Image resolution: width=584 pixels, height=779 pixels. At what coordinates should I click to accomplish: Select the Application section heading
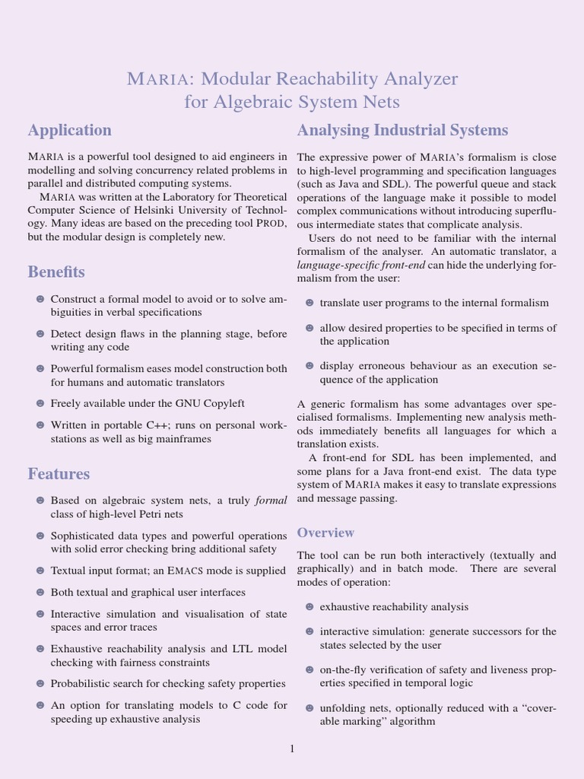pyautogui.click(x=70, y=130)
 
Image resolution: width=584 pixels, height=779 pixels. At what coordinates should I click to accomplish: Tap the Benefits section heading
pyautogui.click(x=56, y=272)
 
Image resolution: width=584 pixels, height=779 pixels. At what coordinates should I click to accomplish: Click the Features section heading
pyautogui.click(x=59, y=474)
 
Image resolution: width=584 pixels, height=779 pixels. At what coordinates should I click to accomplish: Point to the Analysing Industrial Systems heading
pyautogui.click(x=402, y=130)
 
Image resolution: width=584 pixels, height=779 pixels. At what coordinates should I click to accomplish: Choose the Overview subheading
pyautogui.click(x=325, y=533)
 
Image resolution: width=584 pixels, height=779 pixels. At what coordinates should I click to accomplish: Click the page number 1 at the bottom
pyautogui.click(x=291, y=749)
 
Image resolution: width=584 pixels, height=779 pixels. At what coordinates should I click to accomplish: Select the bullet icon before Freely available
pyautogui.click(x=40, y=403)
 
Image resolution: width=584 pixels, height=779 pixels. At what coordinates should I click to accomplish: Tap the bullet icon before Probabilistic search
pyautogui.click(x=40, y=684)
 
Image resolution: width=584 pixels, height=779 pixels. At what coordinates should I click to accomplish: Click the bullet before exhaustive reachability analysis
pyautogui.click(x=309, y=606)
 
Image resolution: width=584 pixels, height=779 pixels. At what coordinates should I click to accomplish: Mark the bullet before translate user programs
pyautogui.click(x=309, y=303)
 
